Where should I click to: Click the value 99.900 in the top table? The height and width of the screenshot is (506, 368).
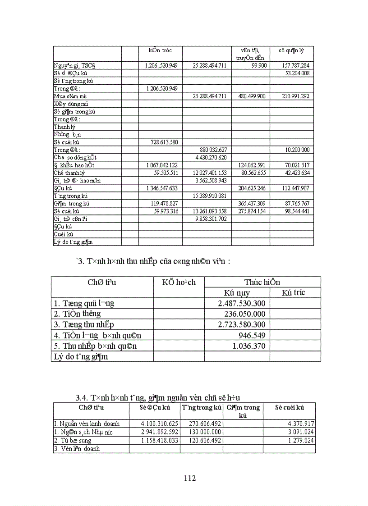click(258, 65)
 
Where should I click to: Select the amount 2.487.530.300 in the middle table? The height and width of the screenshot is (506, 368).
click(242, 303)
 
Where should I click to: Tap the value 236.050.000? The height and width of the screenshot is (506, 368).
click(245, 314)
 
